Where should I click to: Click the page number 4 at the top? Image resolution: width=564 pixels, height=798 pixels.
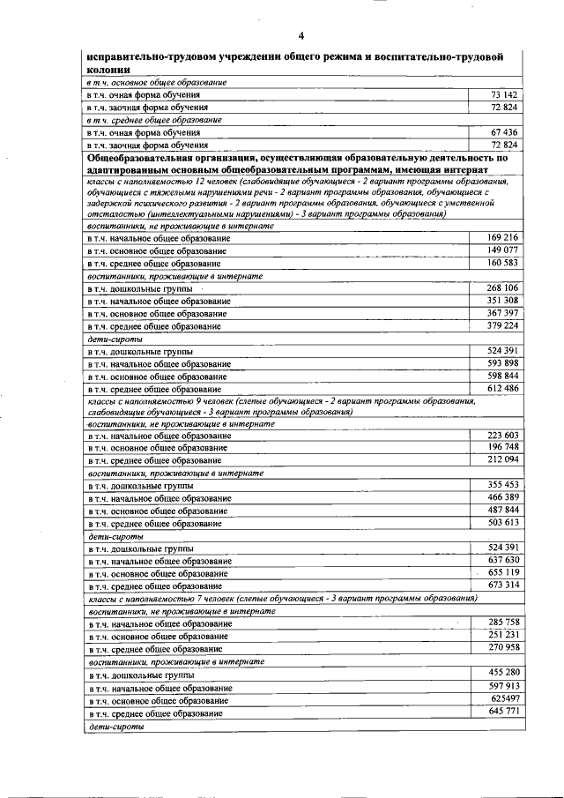301,35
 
